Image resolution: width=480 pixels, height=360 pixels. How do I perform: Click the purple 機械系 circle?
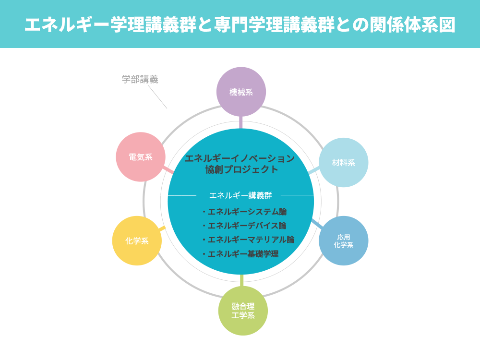click(241, 92)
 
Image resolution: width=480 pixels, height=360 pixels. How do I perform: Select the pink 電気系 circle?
click(141, 157)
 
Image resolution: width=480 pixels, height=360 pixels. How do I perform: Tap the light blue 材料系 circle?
click(344, 162)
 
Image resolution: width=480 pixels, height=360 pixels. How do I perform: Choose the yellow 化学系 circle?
click(137, 241)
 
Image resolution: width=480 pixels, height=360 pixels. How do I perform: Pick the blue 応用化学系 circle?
click(344, 241)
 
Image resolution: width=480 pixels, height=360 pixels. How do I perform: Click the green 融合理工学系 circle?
click(243, 311)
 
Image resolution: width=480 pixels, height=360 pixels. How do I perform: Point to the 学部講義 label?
click(140, 80)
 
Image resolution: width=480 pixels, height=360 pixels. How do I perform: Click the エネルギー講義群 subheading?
click(240, 195)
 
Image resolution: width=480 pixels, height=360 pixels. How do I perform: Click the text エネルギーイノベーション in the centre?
click(240, 158)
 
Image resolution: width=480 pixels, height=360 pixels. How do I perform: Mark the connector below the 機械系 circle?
click(241, 122)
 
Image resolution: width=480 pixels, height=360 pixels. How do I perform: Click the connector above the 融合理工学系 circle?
click(242, 280)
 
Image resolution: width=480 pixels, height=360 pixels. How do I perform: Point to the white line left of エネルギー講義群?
click(182, 195)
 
